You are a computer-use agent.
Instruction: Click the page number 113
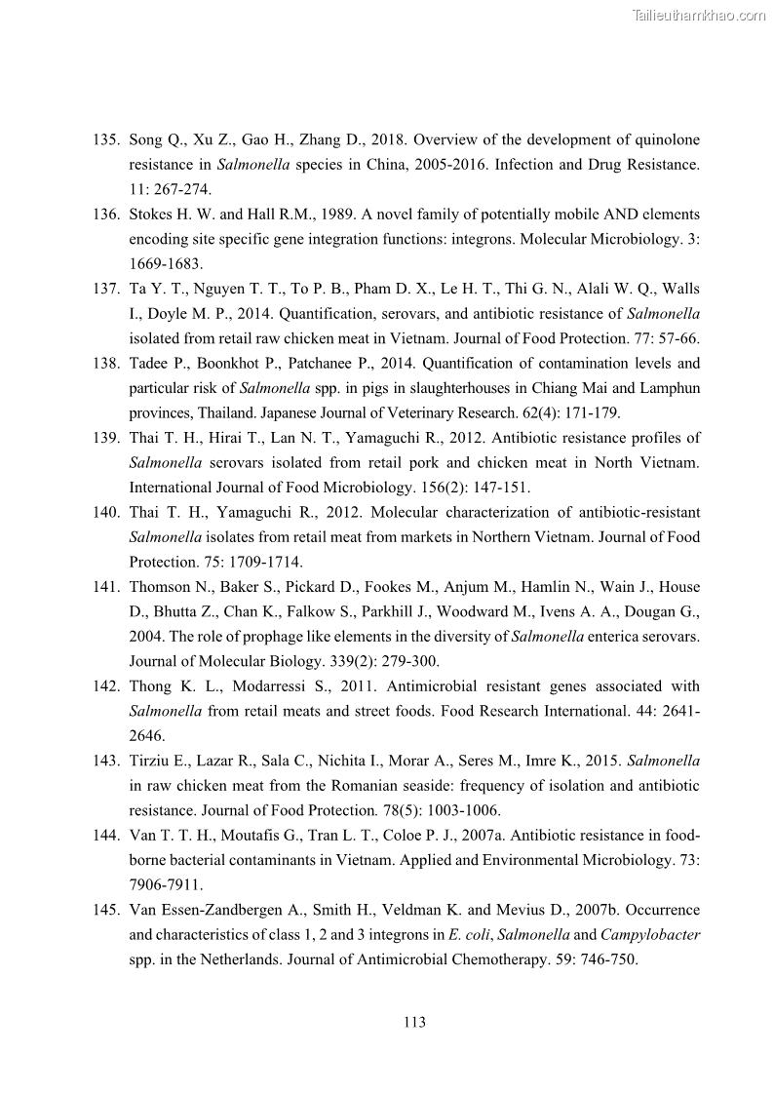pos(414,1023)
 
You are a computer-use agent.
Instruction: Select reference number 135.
pos(106,139)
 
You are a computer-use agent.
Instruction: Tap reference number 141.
pos(106,587)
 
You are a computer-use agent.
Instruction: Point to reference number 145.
pos(106,910)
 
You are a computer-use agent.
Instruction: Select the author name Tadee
pos(149,364)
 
